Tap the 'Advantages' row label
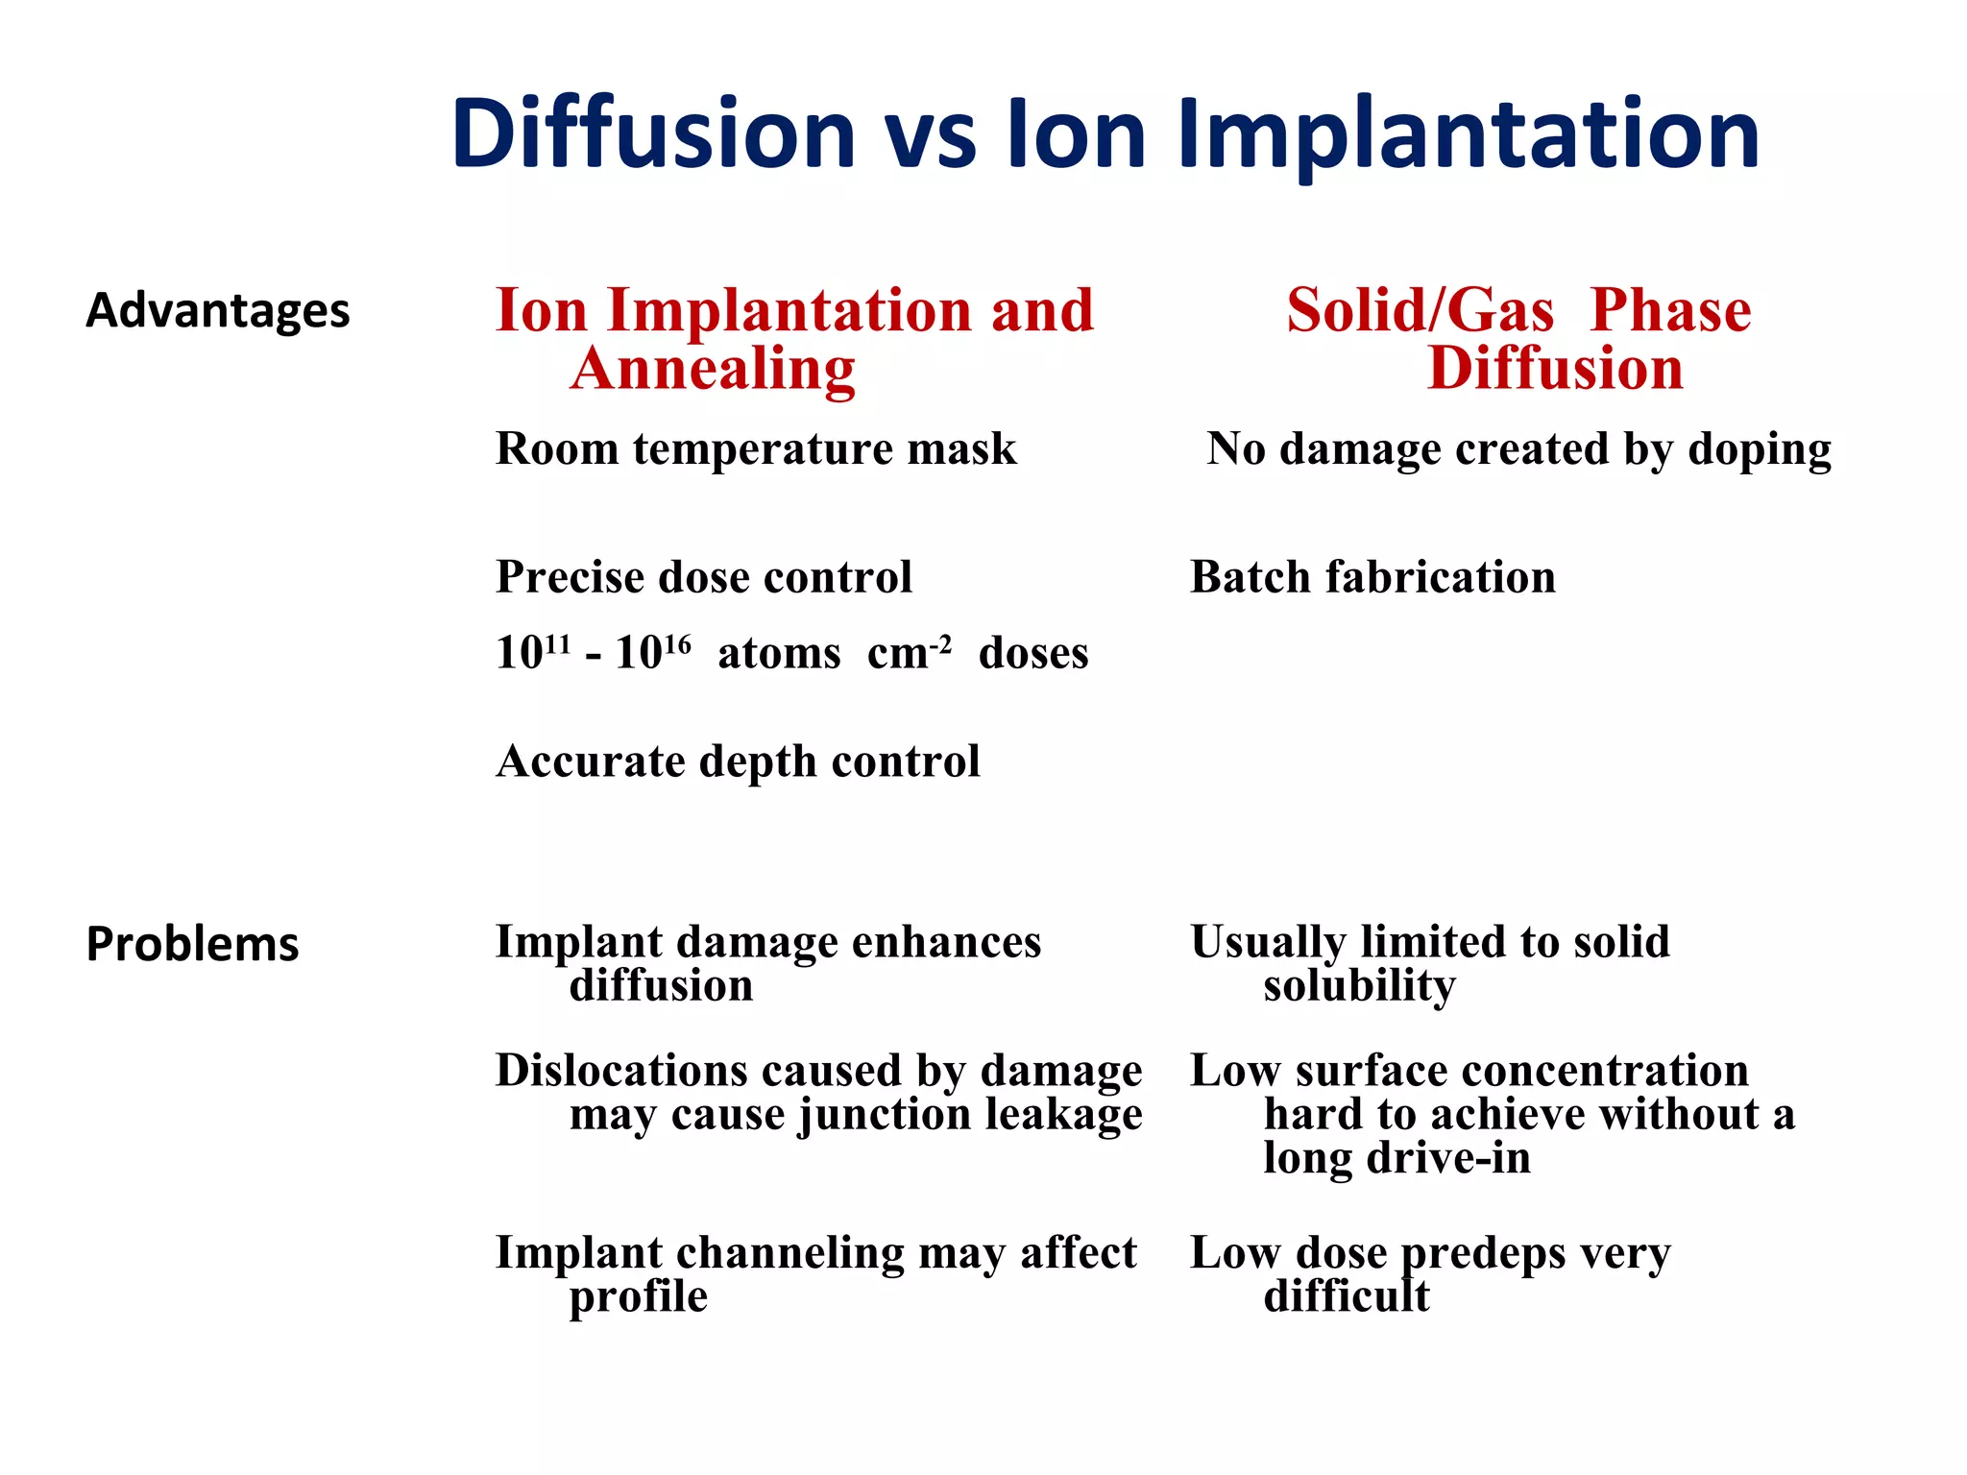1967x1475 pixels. (218, 311)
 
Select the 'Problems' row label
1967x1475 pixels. (192, 944)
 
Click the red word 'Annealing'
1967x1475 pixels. (713, 371)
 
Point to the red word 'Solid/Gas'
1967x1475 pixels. (1420, 311)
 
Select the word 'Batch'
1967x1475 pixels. (1250, 577)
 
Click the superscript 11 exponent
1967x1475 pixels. (558, 641)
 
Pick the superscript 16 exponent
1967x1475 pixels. (677, 641)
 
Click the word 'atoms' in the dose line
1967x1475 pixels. (779, 654)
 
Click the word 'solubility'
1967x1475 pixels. (1359, 987)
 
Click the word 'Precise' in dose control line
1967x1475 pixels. (570, 577)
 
